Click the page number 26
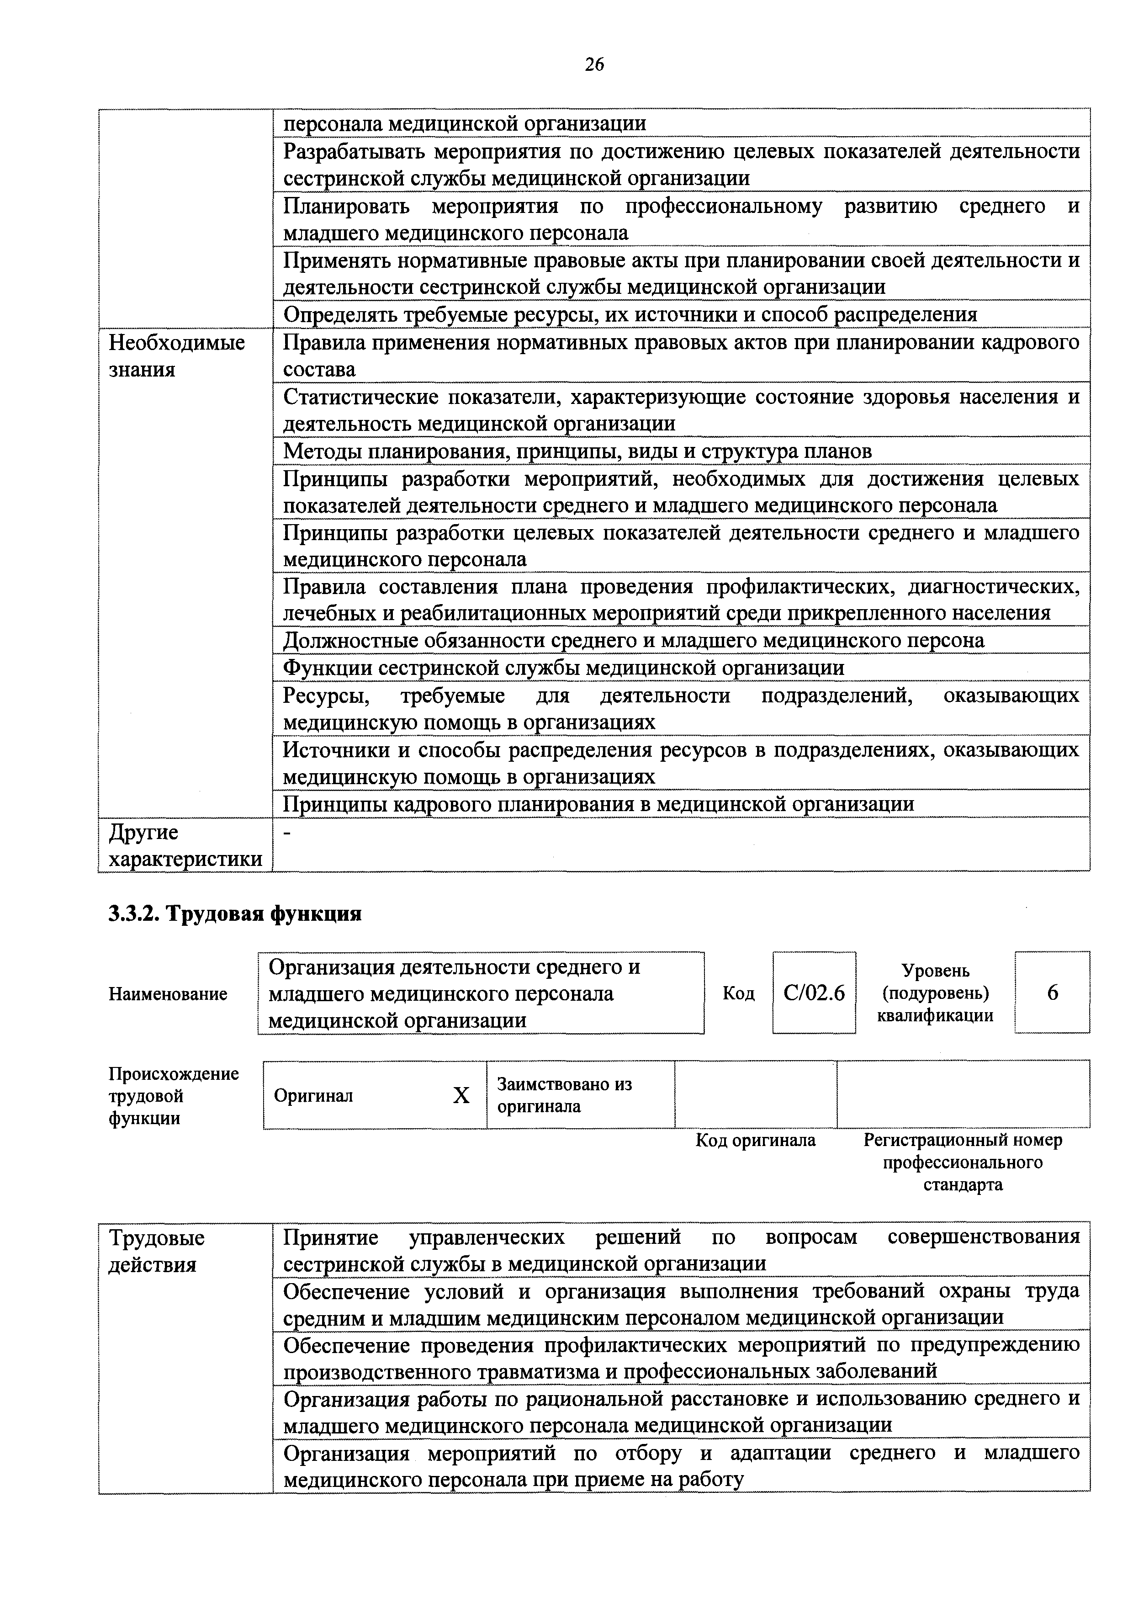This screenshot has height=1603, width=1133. (x=594, y=65)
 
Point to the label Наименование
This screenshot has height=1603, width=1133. (x=168, y=994)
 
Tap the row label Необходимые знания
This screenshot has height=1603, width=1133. (x=177, y=356)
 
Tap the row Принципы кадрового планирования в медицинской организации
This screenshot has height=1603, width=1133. (x=598, y=804)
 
